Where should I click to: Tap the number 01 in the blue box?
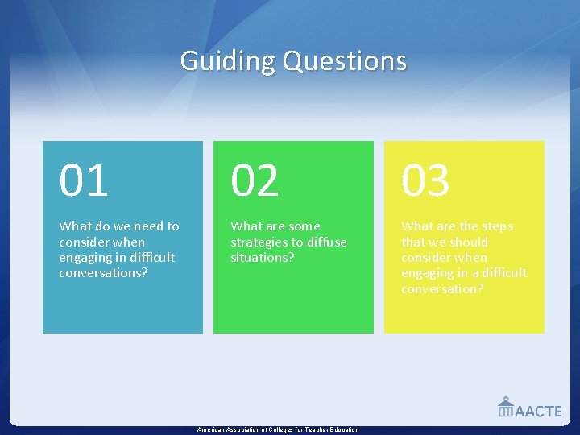(x=83, y=180)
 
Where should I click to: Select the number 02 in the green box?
(x=255, y=180)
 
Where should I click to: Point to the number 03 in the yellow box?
(x=425, y=180)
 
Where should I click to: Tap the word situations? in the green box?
(x=263, y=257)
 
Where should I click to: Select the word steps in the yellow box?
(x=494, y=226)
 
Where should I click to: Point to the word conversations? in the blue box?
(x=102, y=272)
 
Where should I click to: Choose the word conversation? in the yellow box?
(x=442, y=288)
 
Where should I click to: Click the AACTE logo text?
(x=538, y=411)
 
